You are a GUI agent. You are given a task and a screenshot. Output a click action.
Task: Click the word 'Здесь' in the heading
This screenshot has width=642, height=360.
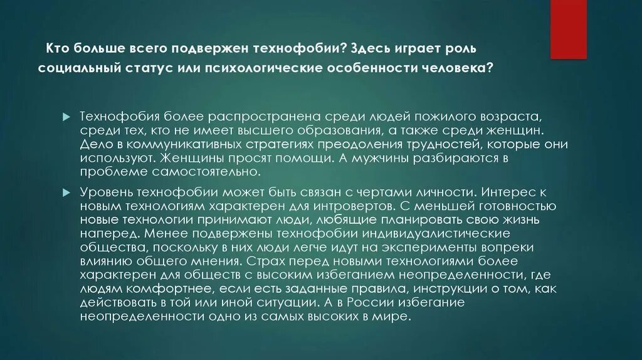click(x=377, y=48)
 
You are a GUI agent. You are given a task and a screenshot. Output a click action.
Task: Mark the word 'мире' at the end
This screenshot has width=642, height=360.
click(x=394, y=317)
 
